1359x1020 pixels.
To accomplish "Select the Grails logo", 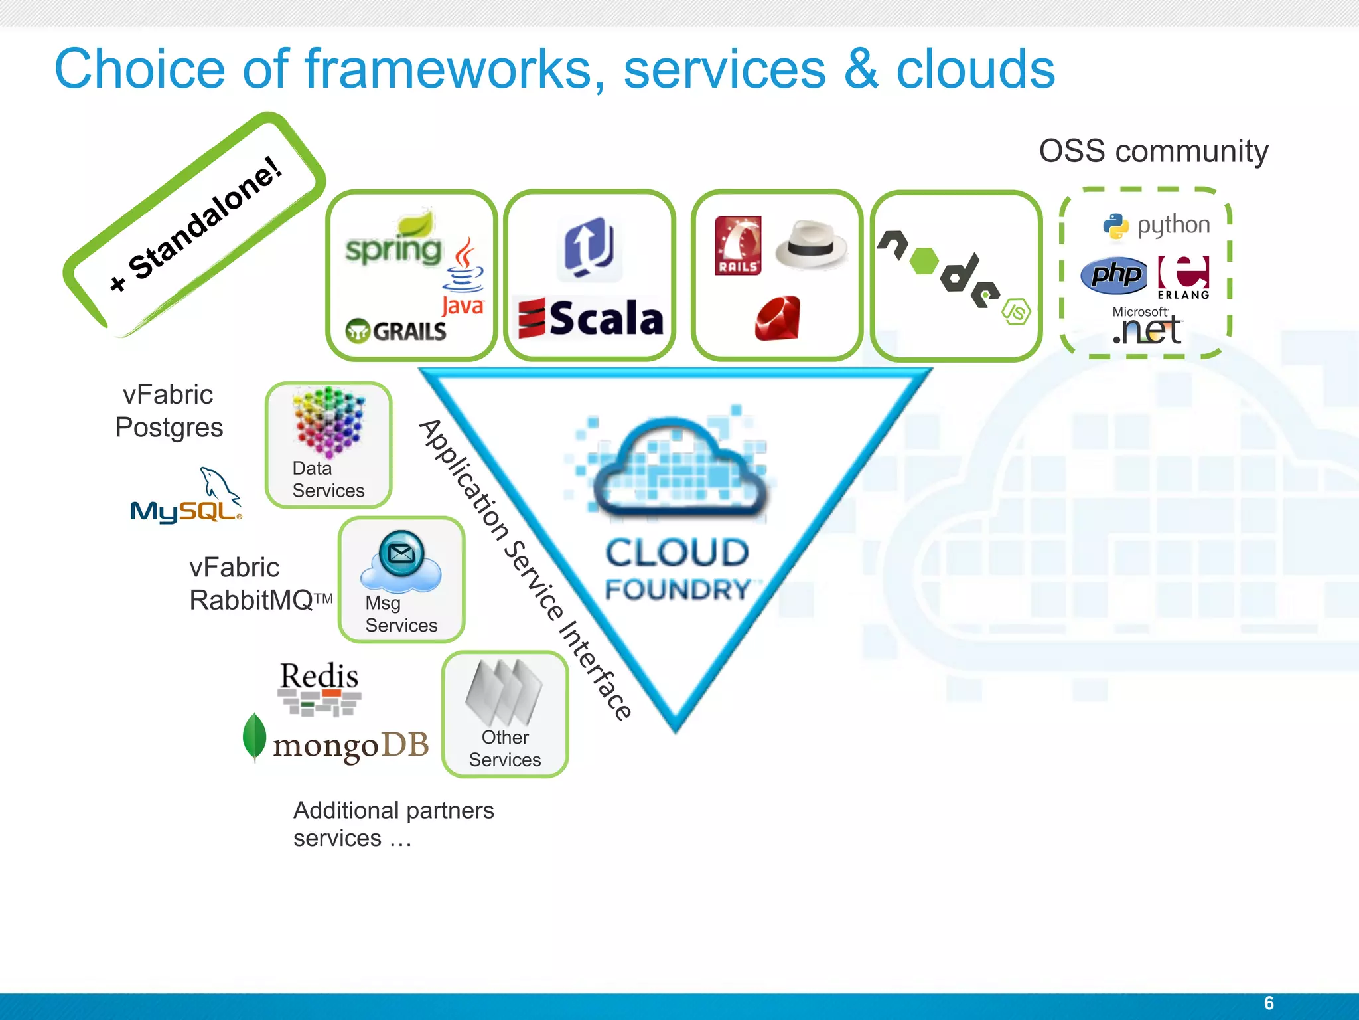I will click(x=396, y=331).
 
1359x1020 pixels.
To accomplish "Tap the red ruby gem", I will click(x=778, y=319).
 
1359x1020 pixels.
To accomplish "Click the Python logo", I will click(x=1156, y=226).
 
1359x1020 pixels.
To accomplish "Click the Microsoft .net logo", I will click(x=1147, y=327).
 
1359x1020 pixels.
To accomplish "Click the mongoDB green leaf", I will click(x=254, y=737).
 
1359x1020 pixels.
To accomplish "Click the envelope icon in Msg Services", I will click(x=401, y=552).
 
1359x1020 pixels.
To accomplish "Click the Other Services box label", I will click(x=505, y=748).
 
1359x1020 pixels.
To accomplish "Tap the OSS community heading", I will click(x=1153, y=151).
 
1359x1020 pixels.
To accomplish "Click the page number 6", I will click(x=1269, y=1003).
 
